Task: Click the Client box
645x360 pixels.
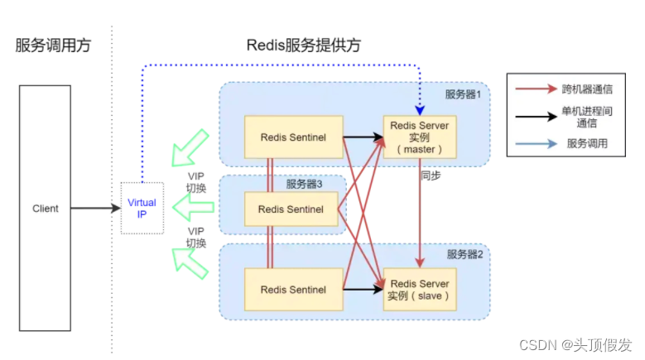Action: [x=46, y=209]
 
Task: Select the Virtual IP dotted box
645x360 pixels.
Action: [x=142, y=208]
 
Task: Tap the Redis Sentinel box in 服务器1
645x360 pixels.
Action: [x=293, y=137]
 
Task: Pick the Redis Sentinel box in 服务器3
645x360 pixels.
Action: [x=293, y=208]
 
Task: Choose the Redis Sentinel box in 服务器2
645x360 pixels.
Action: [x=293, y=289]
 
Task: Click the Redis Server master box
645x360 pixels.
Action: [x=419, y=137]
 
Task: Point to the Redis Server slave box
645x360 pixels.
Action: [x=419, y=289]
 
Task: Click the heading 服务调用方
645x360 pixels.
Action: [x=53, y=45]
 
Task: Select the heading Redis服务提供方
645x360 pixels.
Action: [x=304, y=45]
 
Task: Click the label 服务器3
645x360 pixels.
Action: [x=306, y=184]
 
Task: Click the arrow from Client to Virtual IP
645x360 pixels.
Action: [x=95, y=209]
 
